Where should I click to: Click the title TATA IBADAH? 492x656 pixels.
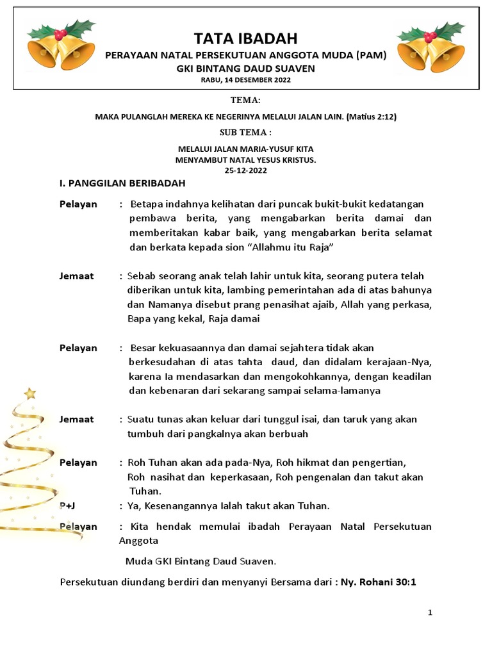point(246,38)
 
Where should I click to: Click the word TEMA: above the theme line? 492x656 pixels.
point(245,101)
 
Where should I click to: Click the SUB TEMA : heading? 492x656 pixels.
point(245,133)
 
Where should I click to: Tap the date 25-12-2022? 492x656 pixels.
point(246,170)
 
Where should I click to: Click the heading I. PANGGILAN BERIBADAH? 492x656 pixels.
point(122,184)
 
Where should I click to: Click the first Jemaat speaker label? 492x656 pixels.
point(76,276)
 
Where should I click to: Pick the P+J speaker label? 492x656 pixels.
point(68,506)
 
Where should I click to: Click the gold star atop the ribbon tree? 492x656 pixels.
point(29,393)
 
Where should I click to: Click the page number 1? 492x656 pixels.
point(430,613)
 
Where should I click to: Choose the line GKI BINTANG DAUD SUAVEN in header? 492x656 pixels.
point(246,68)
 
